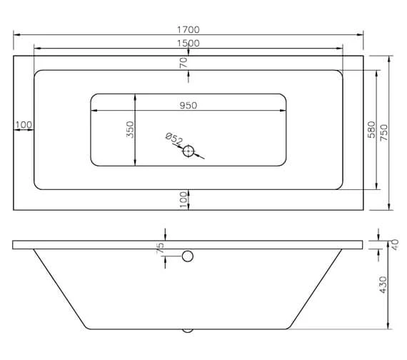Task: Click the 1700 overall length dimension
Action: tap(189, 29)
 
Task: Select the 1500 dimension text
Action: tap(189, 43)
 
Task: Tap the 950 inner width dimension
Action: tap(188, 105)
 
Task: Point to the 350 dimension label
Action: tap(130, 129)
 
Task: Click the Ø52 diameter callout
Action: tap(174, 139)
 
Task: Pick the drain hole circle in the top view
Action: tap(189, 151)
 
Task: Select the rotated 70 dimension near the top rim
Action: tap(184, 62)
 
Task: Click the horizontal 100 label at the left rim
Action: tap(24, 125)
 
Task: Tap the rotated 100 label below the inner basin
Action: tap(184, 198)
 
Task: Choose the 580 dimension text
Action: tap(371, 129)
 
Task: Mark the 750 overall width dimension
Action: tap(384, 131)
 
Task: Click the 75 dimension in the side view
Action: tap(161, 248)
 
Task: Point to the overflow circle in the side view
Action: tap(189, 256)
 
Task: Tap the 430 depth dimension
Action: tap(383, 284)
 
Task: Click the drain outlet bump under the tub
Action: tap(189, 331)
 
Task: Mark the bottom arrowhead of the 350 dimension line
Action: tap(136, 164)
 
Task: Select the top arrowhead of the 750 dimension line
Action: tap(390, 58)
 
